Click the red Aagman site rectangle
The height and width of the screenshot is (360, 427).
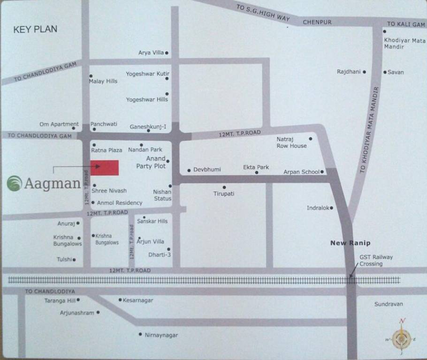coord(104,168)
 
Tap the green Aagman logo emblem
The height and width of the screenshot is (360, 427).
coord(15,183)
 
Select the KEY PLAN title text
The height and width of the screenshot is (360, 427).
coord(35,29)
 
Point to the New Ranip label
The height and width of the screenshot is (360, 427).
coord(350,243)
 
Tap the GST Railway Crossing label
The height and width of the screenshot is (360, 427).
coord(376,261)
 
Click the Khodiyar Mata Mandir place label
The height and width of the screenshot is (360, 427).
coord(404,44)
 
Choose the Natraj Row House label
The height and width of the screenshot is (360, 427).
coord(291,142)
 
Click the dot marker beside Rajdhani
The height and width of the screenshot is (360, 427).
coord(364,72)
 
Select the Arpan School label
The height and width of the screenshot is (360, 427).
coord(301,172)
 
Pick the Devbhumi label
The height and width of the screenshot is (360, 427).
coord(207,169)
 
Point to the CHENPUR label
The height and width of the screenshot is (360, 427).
coord(317,22)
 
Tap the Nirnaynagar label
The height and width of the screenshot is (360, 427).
coord(161,335)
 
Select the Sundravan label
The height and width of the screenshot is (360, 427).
coord(389,304)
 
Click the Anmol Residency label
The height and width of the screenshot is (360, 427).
coord(119,203)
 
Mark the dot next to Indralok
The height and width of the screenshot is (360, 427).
coord(331,208)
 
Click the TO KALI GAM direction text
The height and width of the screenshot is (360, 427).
coord(406,24)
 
